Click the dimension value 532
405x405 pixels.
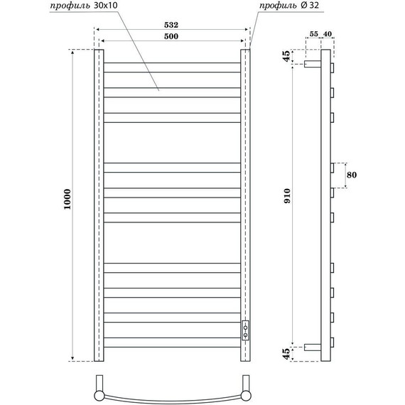coord(171,24)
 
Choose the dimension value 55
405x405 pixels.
coord(313,34)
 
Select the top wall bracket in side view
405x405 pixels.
coord(313,64)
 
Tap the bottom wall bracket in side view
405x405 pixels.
coord(313,348)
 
